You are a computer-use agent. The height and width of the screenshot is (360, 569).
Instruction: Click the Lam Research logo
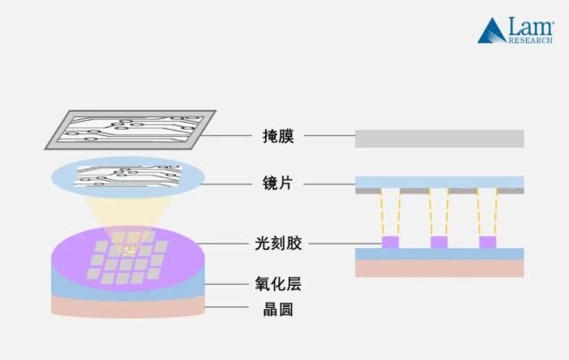click(515, 30)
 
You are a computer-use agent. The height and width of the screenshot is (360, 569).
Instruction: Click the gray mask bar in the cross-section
click(439, 139)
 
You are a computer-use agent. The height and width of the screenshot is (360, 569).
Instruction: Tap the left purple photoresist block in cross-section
click(390, 243)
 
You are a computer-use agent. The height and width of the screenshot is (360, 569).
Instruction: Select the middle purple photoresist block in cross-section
click(438, 243)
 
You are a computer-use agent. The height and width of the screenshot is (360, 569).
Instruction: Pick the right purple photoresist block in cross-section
click(487, 243)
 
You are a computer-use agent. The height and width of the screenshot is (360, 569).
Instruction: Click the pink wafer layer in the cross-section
click(439, 268)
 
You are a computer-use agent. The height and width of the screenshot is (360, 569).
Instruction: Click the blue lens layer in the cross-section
click(439, 182)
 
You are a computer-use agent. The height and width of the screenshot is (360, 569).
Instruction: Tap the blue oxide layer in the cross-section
click(439, 254)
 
